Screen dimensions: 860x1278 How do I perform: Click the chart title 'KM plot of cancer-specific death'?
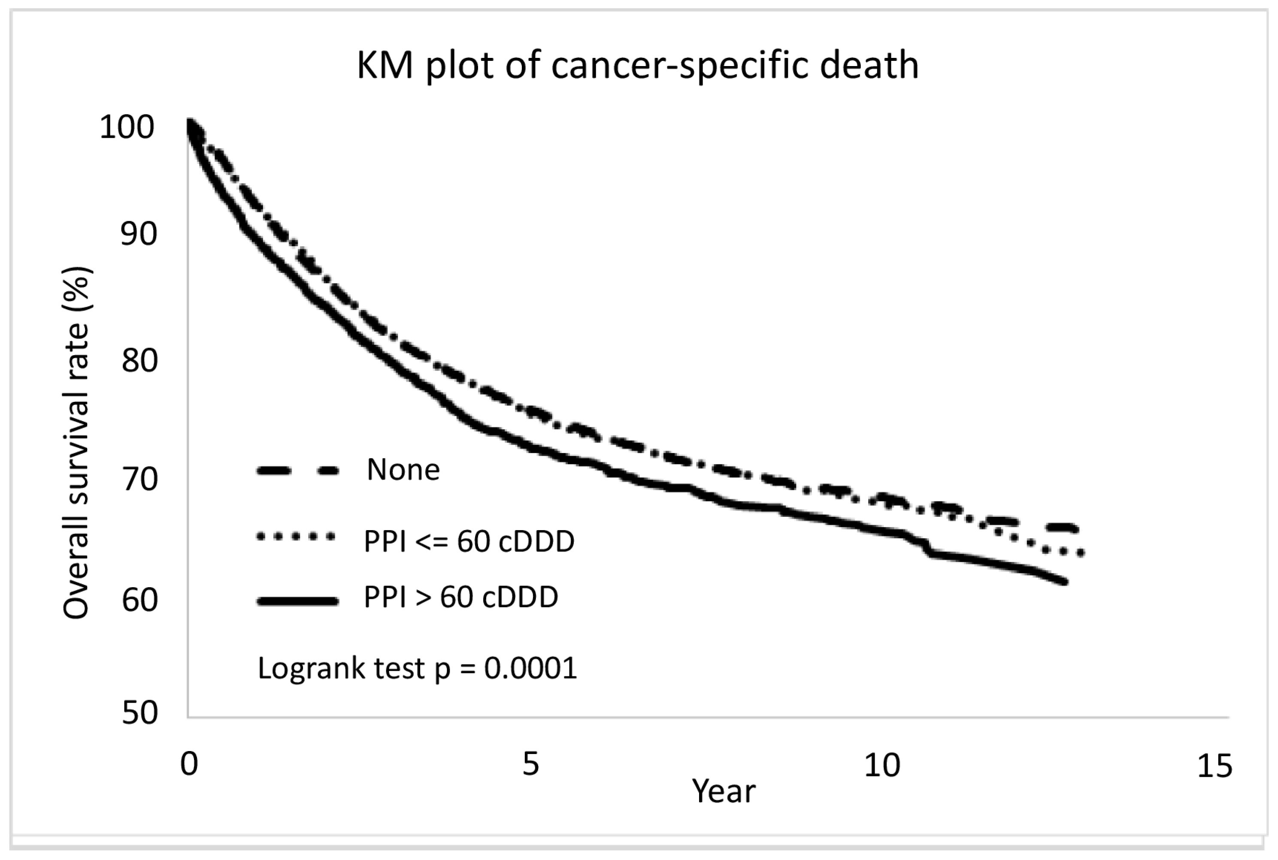tap(637, 66)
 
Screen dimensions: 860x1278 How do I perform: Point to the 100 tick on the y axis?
tap(127, 127)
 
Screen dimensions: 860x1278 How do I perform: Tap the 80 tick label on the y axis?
tap(139, 360)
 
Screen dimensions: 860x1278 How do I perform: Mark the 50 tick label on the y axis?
tap(139, 712)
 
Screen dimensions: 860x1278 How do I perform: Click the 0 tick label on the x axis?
tap(189, 764)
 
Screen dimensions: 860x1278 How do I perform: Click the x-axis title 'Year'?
tap(724, 791)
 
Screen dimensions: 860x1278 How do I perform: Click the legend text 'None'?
tap(403, 470)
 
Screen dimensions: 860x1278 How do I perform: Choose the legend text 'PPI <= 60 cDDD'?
tap(469, 542)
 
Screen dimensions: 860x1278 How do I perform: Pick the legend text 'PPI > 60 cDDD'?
tap(460, 597)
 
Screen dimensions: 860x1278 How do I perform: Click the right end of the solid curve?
tap(1065, 581)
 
